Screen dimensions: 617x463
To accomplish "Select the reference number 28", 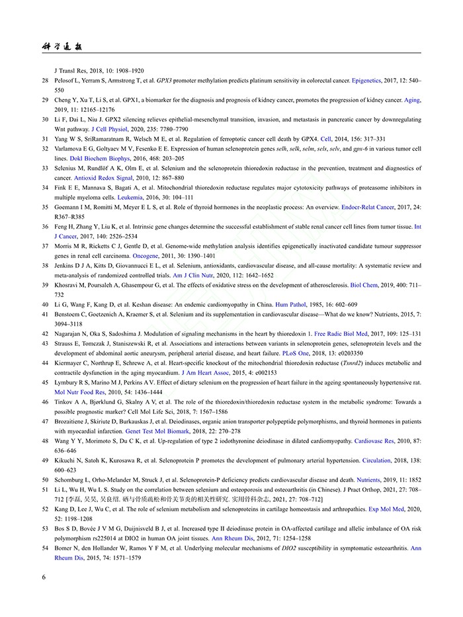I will pyautogui.click(x=45, y=80).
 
